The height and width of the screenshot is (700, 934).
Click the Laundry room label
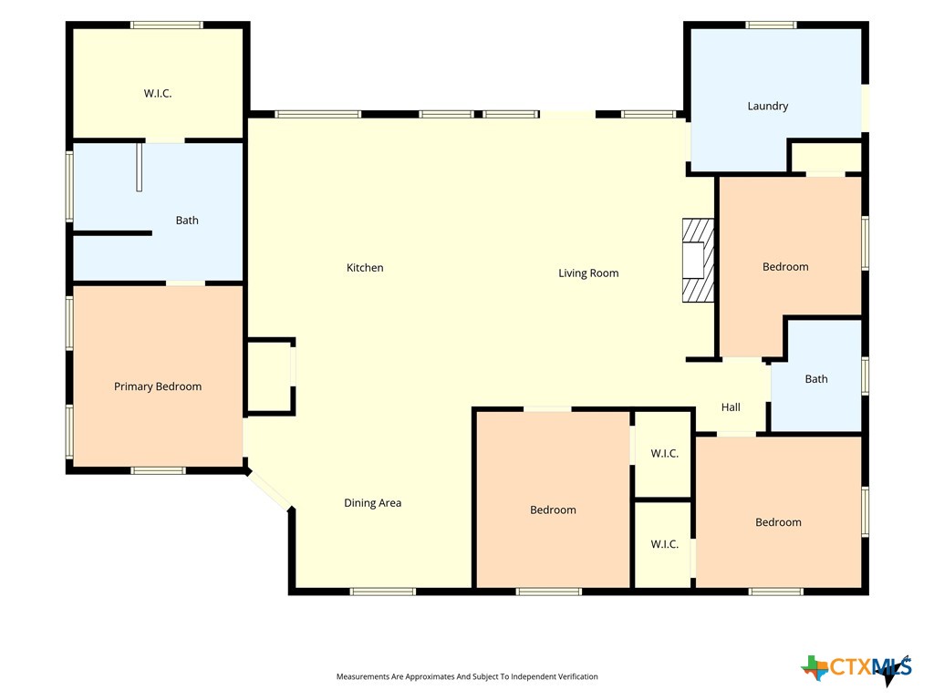point(768,106)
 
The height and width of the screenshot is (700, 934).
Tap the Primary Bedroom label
point(158,386)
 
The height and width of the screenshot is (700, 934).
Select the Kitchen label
point(365,268)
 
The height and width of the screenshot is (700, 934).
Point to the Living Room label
point(588,273)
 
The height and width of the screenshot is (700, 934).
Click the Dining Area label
point(373,503)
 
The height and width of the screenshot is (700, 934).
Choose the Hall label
point(731,407)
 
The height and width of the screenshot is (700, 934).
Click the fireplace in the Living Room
point(698,260)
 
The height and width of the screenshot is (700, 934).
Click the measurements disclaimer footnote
point(467,677)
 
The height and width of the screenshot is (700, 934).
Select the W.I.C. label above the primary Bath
point(158,94)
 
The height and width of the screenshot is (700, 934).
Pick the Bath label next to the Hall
point(816,379)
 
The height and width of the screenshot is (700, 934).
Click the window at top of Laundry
point(772,25)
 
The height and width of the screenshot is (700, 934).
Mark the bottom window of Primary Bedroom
point(158,471)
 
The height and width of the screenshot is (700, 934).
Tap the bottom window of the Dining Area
point(382,592)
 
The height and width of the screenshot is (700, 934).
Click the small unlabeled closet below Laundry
point(825,158)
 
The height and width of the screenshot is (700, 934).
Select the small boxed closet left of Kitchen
point(270,376)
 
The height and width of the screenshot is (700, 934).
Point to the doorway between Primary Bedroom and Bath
point(185,283)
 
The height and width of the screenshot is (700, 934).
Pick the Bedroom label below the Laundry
point(785,267)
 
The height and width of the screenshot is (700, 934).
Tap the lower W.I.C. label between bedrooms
point(665,544)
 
